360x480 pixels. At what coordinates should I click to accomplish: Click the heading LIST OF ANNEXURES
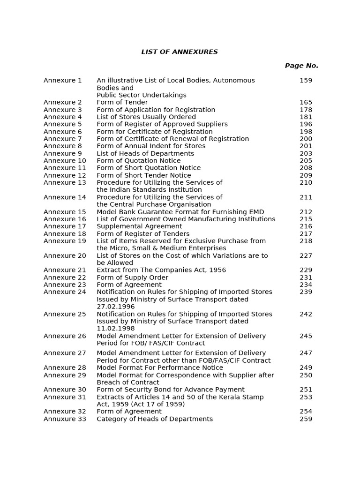180,52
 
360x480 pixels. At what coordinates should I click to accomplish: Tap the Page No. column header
301,66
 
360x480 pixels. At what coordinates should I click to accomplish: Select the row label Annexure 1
63,81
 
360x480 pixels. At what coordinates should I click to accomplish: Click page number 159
306,81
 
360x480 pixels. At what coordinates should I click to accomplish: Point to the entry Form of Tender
122,102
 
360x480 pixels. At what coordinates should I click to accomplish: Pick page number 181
306,117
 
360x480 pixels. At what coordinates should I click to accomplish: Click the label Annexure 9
63,153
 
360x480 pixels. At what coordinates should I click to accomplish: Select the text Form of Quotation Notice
139,161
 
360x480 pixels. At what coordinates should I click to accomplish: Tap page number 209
306,175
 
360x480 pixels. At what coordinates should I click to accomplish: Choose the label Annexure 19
65,241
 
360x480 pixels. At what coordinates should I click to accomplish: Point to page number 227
306,255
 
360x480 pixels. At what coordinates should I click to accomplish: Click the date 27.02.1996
116,307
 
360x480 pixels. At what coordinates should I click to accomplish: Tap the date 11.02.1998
116,329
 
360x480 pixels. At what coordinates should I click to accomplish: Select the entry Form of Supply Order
133,277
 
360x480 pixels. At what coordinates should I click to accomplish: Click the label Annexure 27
65,353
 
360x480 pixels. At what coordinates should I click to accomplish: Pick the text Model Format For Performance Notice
160,368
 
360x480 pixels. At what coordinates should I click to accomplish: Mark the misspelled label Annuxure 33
65,419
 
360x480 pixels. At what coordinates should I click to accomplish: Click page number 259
306,419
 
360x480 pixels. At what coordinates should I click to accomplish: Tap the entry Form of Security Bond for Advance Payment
171,390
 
